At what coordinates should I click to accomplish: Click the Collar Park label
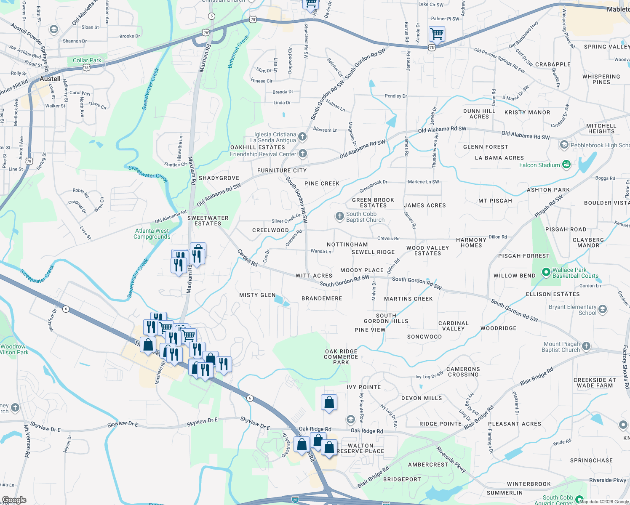tap(87, 60)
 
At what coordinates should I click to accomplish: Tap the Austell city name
tap(50, 79)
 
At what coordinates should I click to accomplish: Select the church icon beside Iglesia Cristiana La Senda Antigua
tap(302, 136)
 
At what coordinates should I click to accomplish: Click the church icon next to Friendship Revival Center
tap(303, 154)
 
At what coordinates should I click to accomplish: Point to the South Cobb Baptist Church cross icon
tap(339, 216)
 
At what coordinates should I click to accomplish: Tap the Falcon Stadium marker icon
tap(566, 165)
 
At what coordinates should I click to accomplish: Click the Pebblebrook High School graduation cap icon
tap(564, 145)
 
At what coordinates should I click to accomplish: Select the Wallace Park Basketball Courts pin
tap(546, 272)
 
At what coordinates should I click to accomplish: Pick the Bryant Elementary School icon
tap(602, 310)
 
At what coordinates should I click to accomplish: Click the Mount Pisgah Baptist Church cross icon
tap(586, 347)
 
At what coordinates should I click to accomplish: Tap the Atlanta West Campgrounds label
tap(152, 234)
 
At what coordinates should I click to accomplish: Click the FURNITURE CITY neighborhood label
tap(282, 170)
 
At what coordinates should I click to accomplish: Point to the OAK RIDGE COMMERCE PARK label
tap(341, 357)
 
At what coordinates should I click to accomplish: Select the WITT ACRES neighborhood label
tap(314, 276)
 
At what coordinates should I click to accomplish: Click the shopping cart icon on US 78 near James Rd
tap(437, 34)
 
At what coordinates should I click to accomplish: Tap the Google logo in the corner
tap(14, 500)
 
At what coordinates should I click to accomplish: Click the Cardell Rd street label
tap(247, 258)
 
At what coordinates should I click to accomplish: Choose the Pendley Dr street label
tap(395, 96)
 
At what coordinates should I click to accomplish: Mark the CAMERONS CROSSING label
tap(463, 372)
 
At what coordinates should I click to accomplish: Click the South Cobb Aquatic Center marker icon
tap(579, 500)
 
